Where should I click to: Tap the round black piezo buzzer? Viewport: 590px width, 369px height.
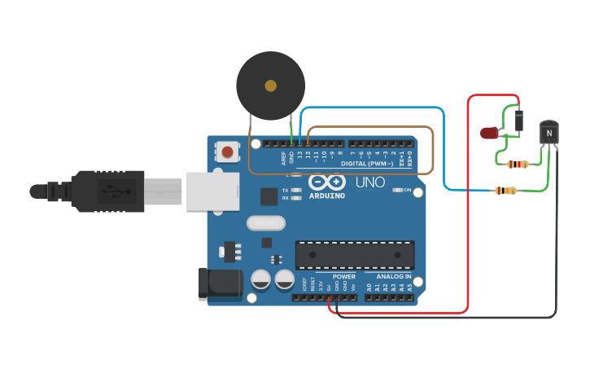click(x=270, y=86)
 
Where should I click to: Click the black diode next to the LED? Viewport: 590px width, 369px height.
click(x=518, y=121)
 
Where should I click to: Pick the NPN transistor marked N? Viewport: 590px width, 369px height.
click(x=549, y=131)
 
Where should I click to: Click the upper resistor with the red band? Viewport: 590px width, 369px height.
click(x=517, y=164)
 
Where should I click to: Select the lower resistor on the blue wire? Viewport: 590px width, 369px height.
click(x=505, y=191)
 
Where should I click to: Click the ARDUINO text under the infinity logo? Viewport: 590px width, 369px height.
click(x=326, y=195)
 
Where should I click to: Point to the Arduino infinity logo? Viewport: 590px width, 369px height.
click(x=326, y=182)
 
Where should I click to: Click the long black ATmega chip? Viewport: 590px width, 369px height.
click(x=354, y=255)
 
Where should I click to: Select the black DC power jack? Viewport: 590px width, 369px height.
click(x=220, y=283)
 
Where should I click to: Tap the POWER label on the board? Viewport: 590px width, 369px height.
click(x=344, y=276)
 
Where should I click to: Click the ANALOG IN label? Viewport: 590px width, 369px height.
click(x=394, y=276)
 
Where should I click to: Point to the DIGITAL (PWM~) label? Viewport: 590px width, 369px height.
click(x=367, y=164)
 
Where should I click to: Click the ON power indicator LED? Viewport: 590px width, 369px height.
click(x=396, y=190)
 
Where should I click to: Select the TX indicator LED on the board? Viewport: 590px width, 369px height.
click(x=296, y=190)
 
